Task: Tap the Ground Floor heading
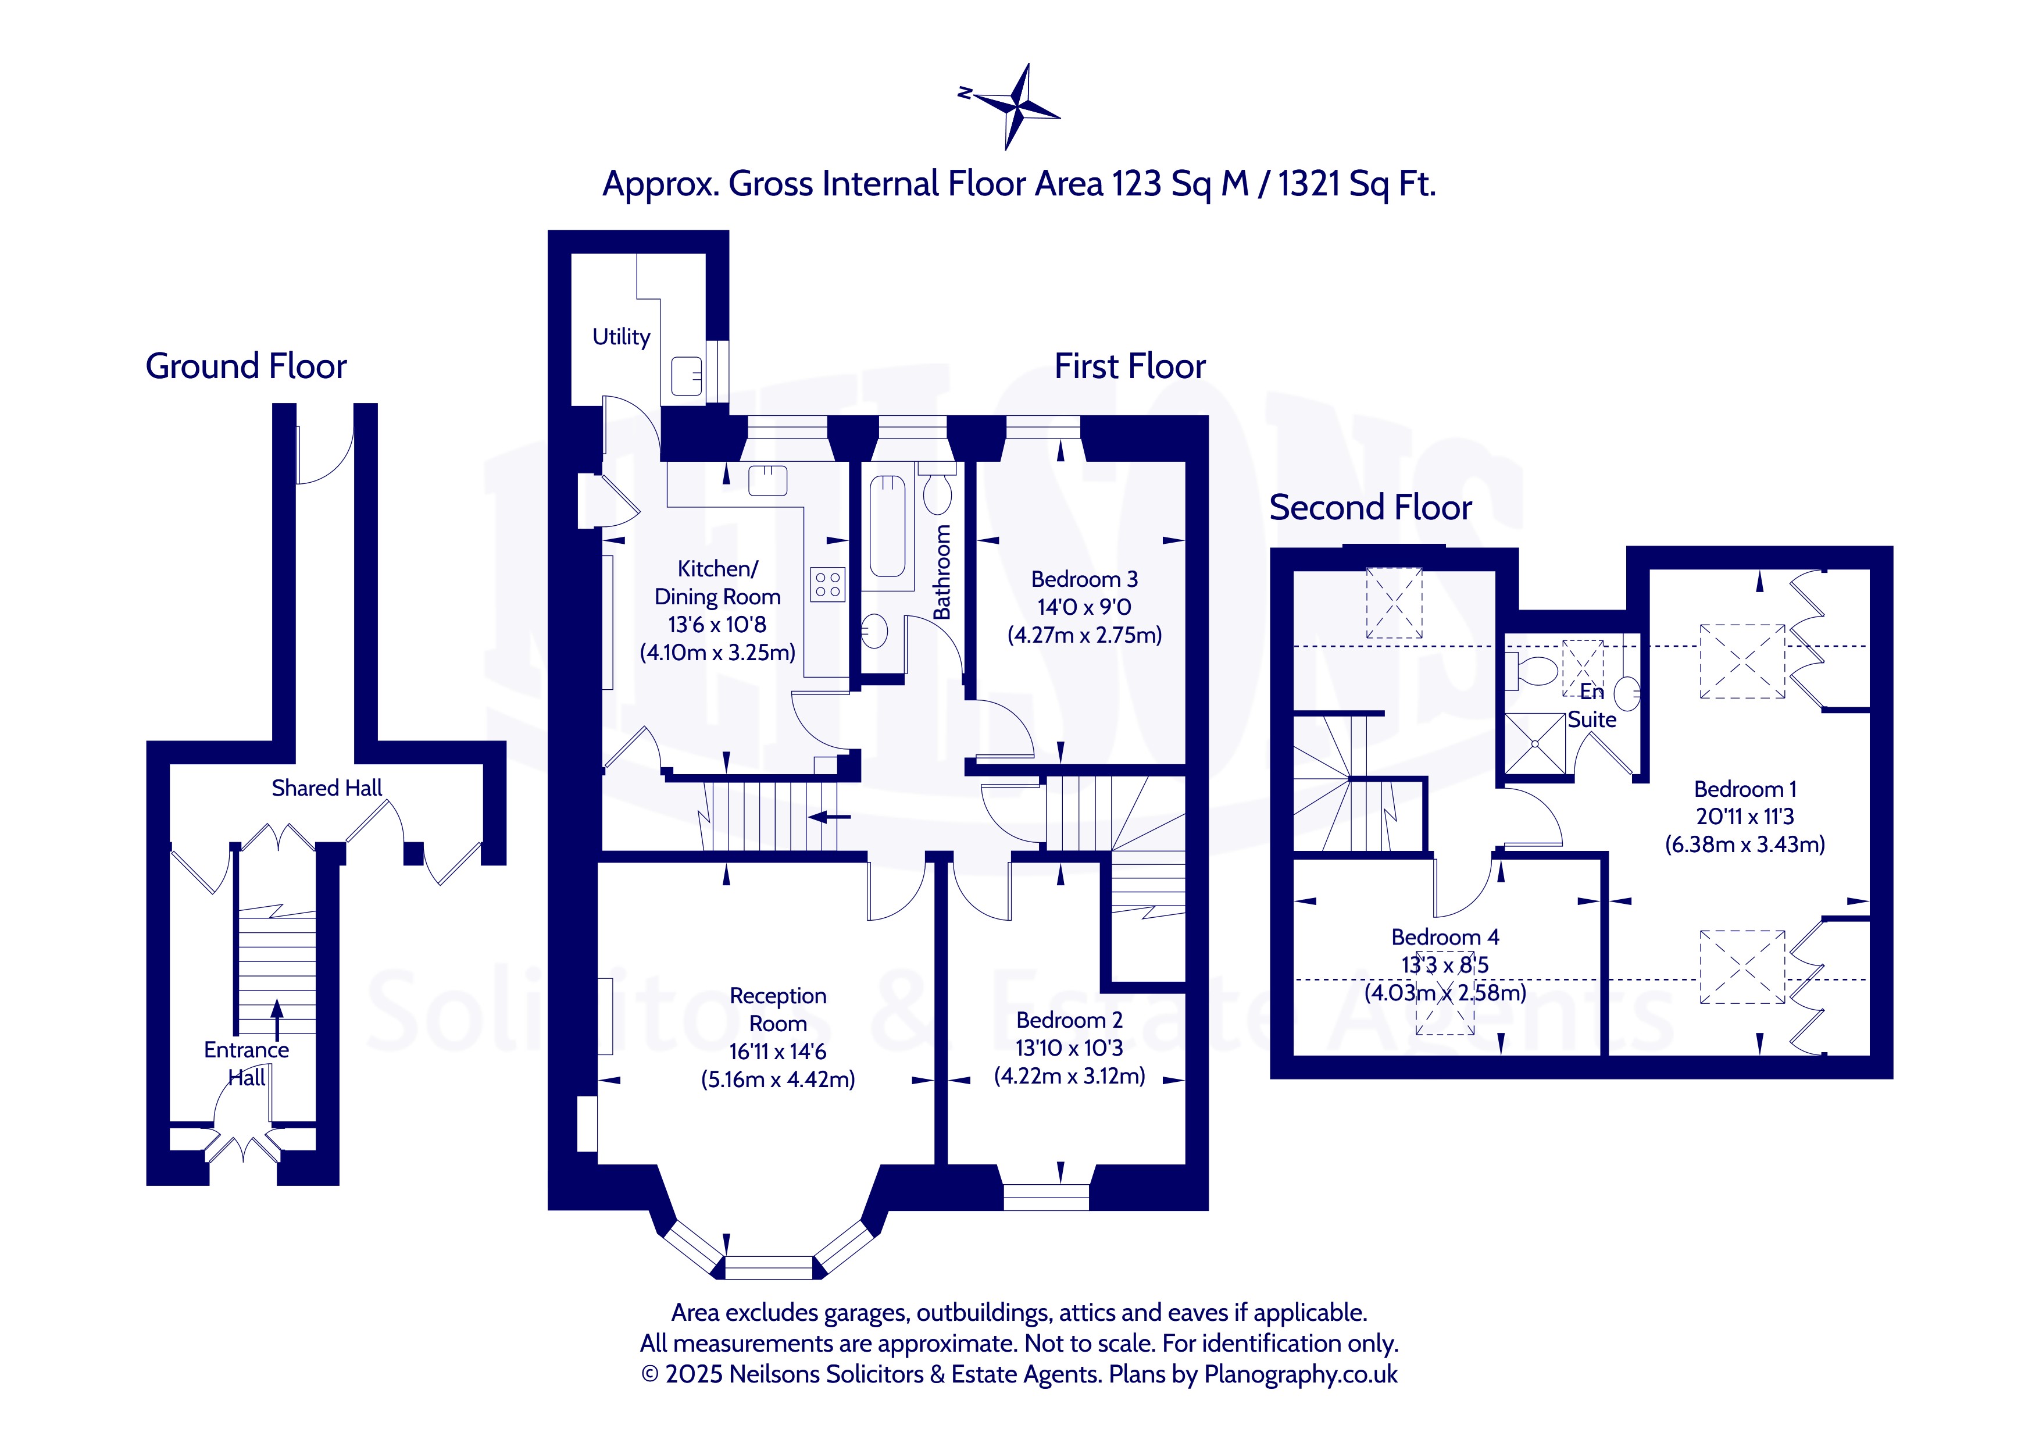[246, 366]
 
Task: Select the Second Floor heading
[1370, 507]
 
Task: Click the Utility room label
[621, 337]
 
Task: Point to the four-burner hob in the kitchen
[828, 584]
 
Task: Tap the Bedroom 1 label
[1744, 789]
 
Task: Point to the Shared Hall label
[327, 788]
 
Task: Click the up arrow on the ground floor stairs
[277, 1019]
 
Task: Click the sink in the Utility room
[687, 376]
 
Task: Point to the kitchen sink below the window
[767, 480]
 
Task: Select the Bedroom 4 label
[1445, 936]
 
